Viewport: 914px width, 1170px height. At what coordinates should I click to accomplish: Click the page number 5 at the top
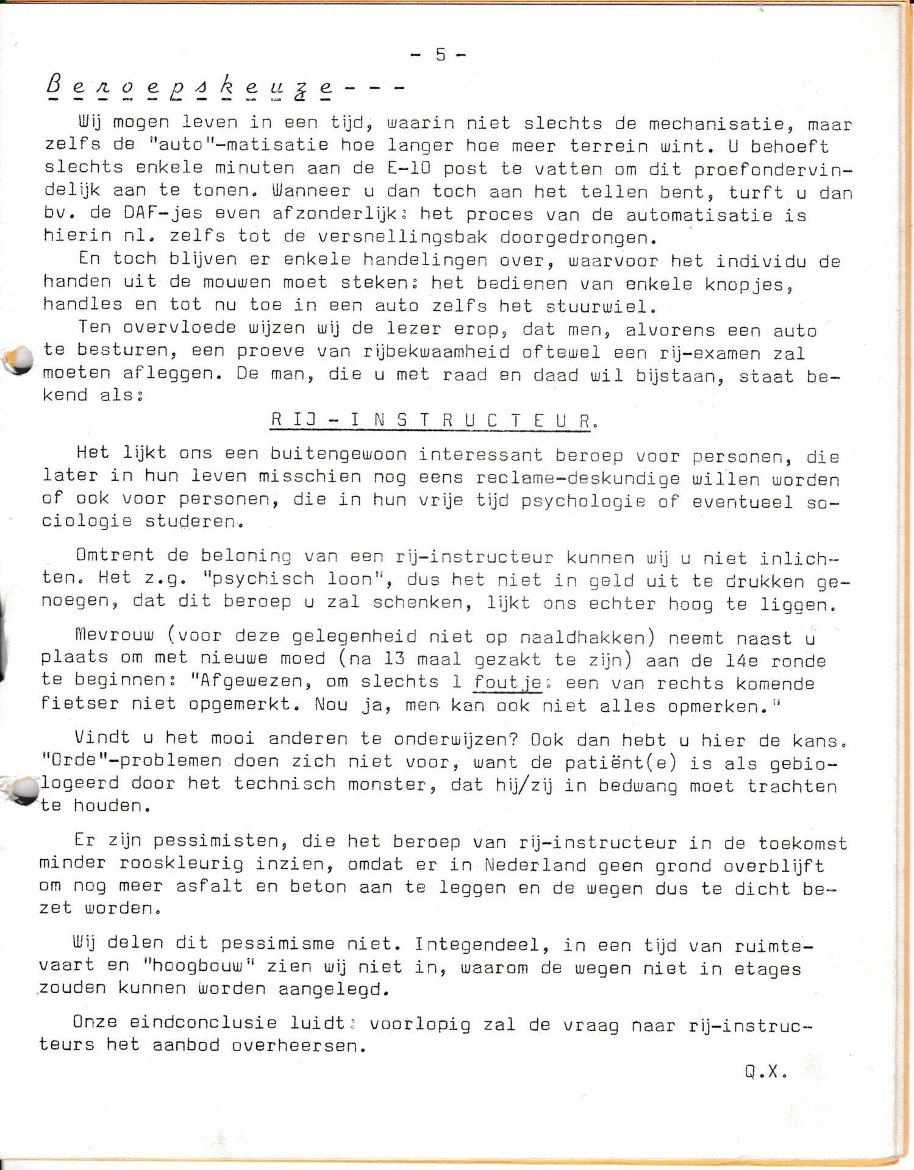click(440, 55)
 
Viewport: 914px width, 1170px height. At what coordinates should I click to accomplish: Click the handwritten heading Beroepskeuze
click(190, 88)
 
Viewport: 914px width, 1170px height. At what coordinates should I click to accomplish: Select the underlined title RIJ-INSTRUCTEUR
click(430, 420)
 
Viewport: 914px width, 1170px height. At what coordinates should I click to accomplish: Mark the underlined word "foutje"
click(507, 682)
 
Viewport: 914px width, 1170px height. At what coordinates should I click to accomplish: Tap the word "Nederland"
click(536, 865)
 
